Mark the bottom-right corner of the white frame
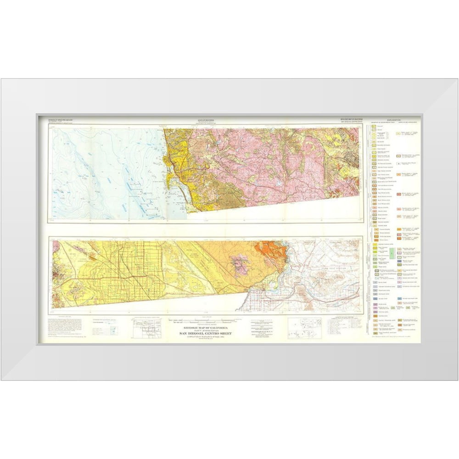click(458, 380)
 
